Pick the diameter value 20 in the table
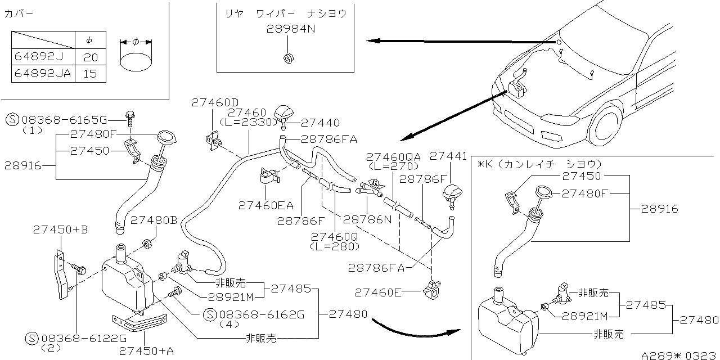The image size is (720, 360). tap(90, 57)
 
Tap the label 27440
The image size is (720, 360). tap(321, 123)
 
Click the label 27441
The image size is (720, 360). tap(449, 156)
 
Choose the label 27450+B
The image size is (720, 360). tap(60, 229)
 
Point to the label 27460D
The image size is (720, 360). tap(215, 103)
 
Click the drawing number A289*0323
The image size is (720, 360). tap(680, 355)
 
